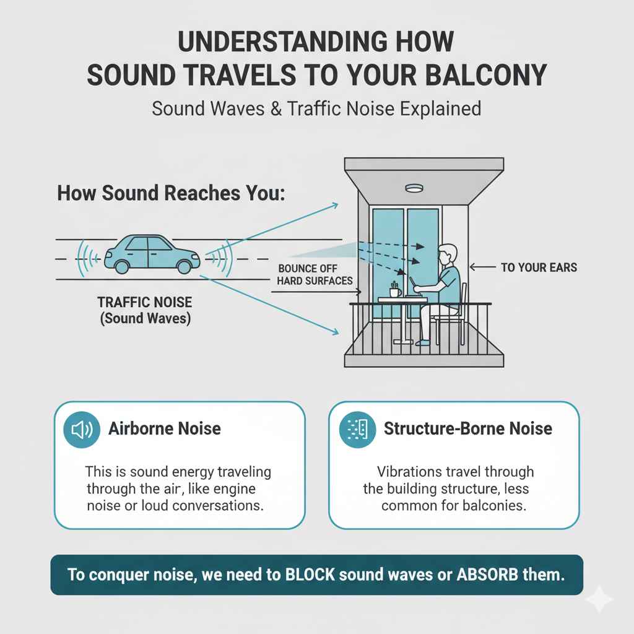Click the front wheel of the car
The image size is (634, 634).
[x=184, y=266]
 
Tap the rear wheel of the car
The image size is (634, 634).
[x=121, y=266]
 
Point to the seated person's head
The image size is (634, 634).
[x=447, y=254]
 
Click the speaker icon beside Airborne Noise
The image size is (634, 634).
[x=82, y=429]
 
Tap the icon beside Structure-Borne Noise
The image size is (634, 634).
[x=357, y=428]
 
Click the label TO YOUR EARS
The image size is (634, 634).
[x=538, y=267]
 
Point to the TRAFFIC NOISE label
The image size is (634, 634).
[x=144, y=303]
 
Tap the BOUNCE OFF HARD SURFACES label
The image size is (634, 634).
[x=315, y=274]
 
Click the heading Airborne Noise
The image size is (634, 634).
[x=165, y=428]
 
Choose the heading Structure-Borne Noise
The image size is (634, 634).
[x=468, y=428]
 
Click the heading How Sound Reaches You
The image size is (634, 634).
[x=172, y=193]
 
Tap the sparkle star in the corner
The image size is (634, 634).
[x=599, y=599]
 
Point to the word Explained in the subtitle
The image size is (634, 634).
[x=433, y=109]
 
